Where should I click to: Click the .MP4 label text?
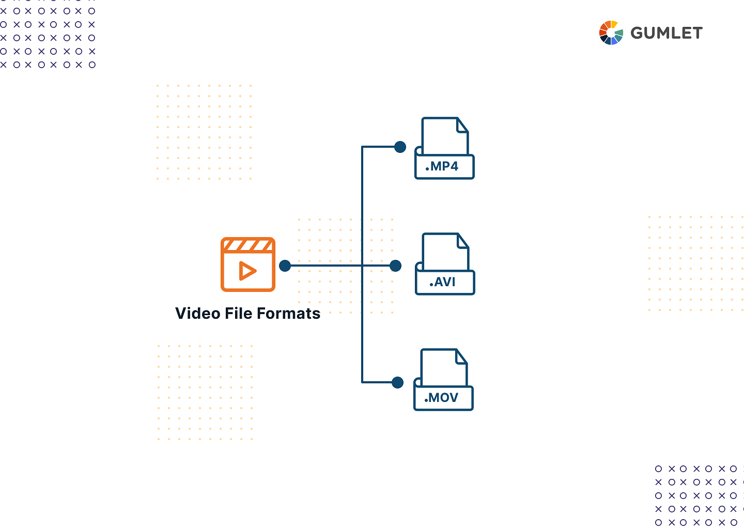[442, 166]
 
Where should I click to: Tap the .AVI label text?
[442, 282]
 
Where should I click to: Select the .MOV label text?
[441, 397]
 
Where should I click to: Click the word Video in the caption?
[197, 313]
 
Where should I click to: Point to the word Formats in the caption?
[289, 313]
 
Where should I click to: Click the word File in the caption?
[239, 313]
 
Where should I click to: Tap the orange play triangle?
[247, 271]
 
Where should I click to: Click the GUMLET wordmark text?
[667, 33]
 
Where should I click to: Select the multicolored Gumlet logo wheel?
[611, 33]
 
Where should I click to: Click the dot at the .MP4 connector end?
[400, 147]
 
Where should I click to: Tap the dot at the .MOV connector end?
[397, 383]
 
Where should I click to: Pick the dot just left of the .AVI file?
[395, 266]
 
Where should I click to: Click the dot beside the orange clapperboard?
[285, 266]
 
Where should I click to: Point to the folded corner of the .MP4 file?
[462, 126]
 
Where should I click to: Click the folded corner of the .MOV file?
[461, 357]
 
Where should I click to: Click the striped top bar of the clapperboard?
[248, 245]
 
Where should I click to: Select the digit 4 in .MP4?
[454, 166]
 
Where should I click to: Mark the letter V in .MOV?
[453, 397]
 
